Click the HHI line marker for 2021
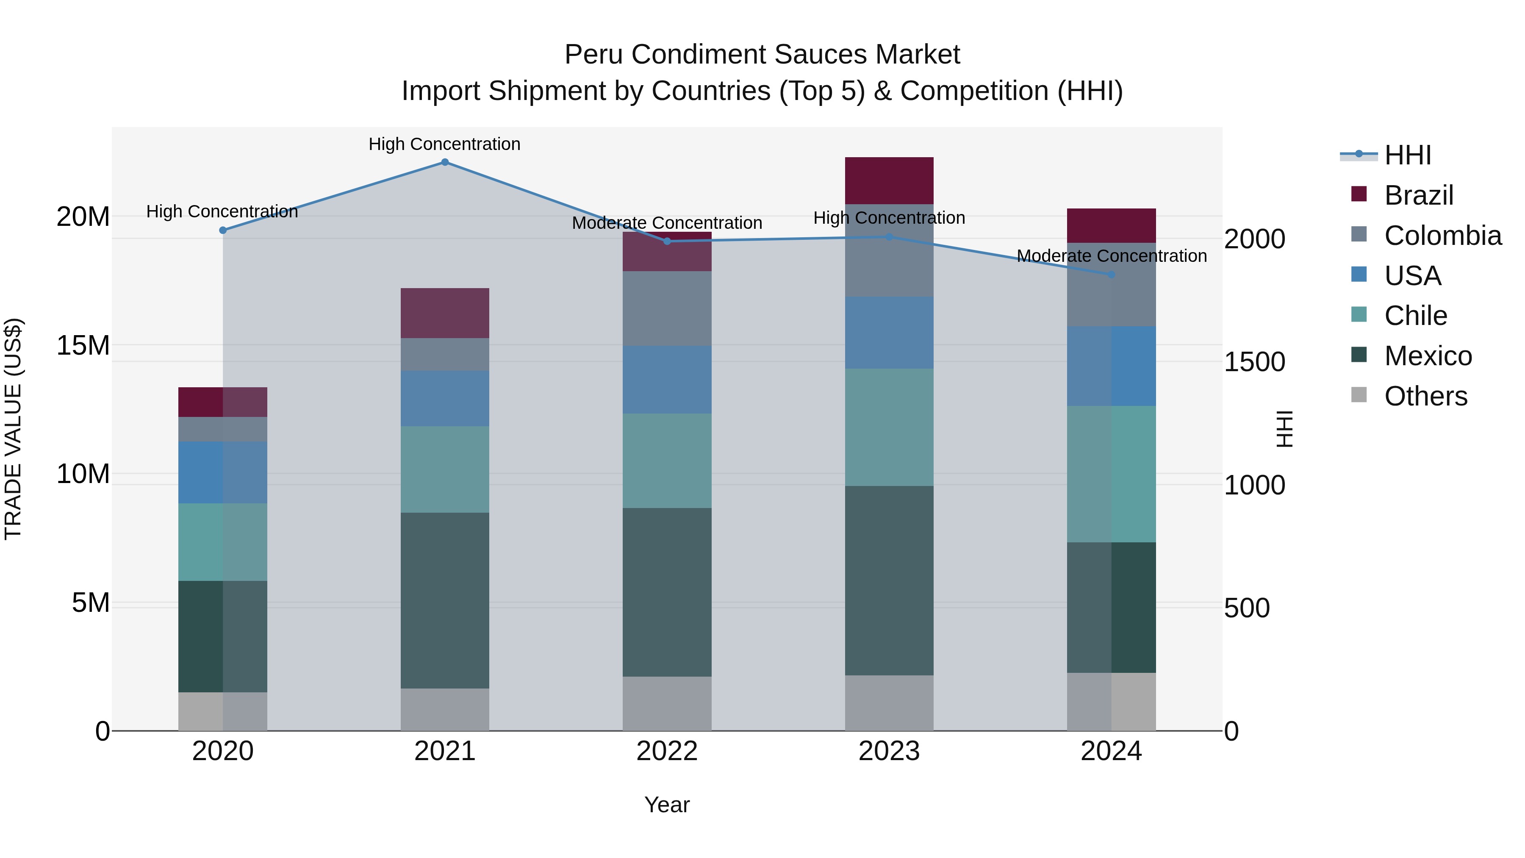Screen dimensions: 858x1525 click(x=445, y=162)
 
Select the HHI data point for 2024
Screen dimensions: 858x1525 click(x=1111, y=275)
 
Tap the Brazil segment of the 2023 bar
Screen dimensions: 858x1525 click(x=889, y=180)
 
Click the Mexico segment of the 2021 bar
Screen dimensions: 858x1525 click(x=445, y=600)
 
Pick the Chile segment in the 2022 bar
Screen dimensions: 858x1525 click(x=667, y=461)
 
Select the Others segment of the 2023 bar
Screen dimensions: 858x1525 click(x=889, y=703)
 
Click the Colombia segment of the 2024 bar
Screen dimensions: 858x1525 click(x=1111, y=284)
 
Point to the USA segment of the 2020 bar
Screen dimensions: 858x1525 click(x=222, y=472)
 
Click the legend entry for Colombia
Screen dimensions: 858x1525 click(x=1442, y=236)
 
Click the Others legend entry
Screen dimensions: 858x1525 click(x=1425, y=396)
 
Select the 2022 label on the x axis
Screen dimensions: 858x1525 click(x=667, y=751)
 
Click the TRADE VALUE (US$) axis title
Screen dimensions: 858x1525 click(x=13, y=429)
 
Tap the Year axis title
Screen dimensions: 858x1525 click(x=667, y=805)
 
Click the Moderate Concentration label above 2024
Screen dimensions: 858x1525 click(x=1111, y=256)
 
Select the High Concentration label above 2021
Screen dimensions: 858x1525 click(x=445, y=144)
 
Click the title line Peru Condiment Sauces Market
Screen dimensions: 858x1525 click(x=762, y=55)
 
